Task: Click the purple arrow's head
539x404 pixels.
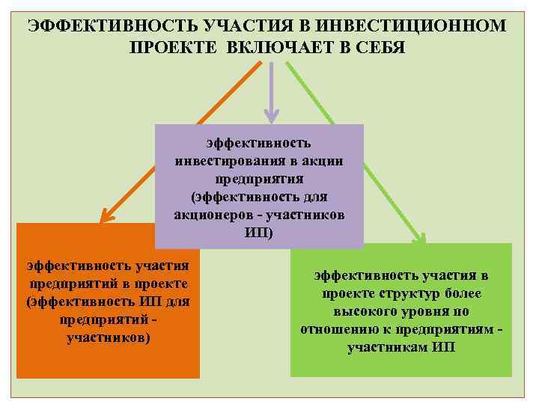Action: (x=271, y=114)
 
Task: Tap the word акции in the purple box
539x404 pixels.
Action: (x=323, y=161)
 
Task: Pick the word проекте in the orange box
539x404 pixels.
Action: (x=157, y=284)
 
